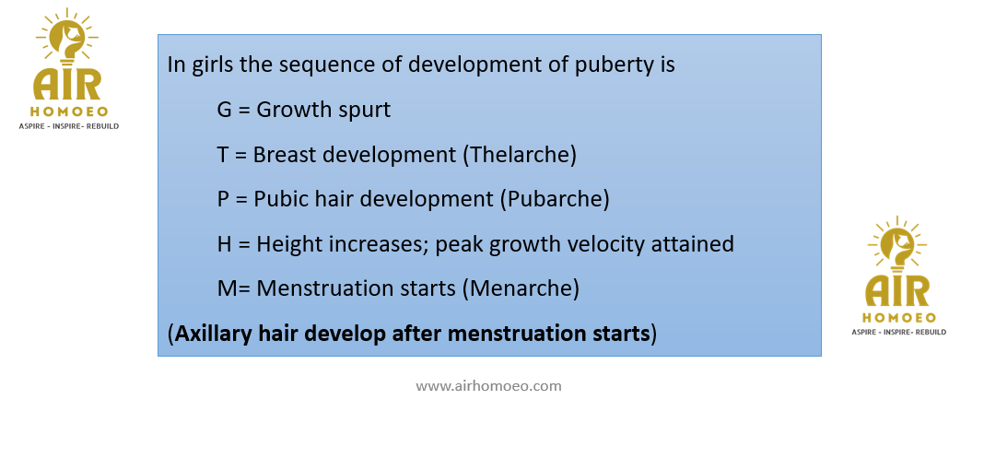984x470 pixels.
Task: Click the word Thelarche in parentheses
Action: pos(520,155)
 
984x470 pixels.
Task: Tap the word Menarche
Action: pos(524,288)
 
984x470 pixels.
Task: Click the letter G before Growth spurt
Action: pos(225,110)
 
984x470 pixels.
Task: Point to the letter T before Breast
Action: pos(223,155)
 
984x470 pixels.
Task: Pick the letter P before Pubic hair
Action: pos(223,199)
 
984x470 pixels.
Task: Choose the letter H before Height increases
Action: pos(225,243)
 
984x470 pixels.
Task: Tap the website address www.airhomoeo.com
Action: pos(488,385)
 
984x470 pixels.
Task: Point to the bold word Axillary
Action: pos(214,334)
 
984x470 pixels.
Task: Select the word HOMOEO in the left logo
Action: pos(69,112)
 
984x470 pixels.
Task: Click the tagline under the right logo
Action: pos(898,332)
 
